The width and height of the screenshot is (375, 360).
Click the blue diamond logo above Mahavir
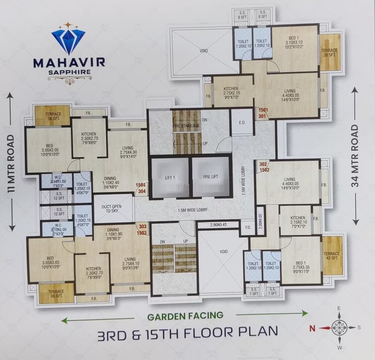pos(68,39)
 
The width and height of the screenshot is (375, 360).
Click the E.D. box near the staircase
pos(243,123)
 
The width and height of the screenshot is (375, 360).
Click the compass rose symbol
pos(339,328)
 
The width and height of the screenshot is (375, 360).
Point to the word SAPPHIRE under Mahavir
pos(68,72)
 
